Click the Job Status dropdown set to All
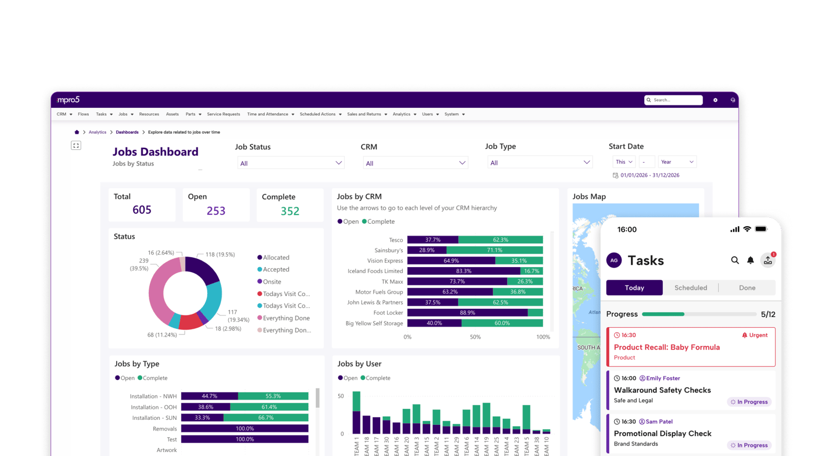291,163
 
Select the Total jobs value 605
142,210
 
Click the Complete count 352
290,211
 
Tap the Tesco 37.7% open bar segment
433,240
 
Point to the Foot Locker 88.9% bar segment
467,313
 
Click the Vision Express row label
385,260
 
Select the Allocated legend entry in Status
275,258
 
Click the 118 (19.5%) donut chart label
220,254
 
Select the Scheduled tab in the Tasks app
690,288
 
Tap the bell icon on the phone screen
750,260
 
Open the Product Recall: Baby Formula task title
666,347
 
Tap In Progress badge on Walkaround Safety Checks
749,402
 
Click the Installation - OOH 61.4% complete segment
269,407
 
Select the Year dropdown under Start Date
677,162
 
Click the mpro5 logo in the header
68,100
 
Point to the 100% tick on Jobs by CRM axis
543,337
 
